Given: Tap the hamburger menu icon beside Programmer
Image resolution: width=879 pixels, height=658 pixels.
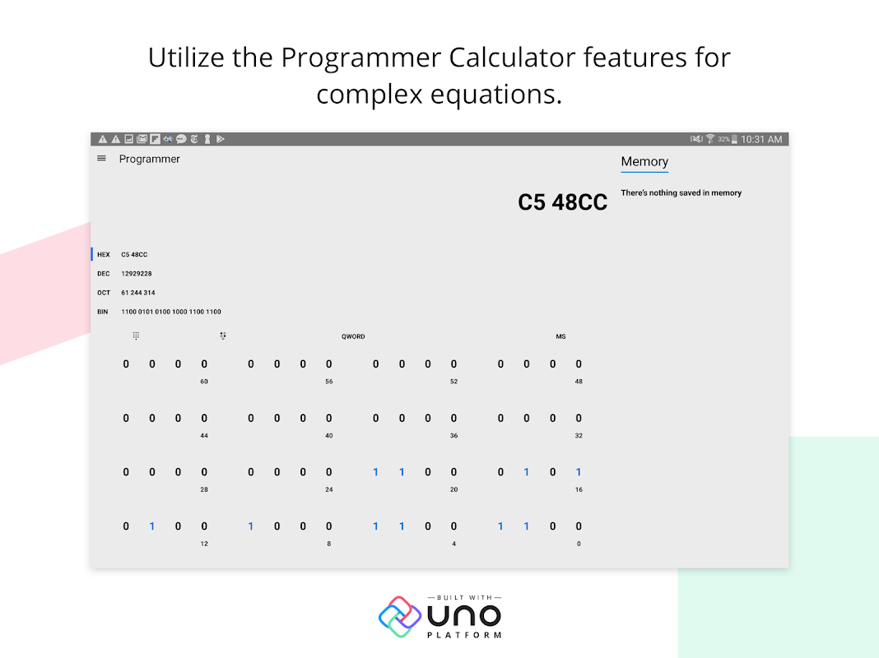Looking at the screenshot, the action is click(101, 159).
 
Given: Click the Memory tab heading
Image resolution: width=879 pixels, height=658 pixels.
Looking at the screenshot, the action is click(644, 161).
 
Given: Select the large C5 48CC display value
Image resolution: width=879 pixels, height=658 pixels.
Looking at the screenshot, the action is click(562, 202).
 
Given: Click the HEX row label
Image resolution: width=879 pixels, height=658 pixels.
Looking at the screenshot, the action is click(104, 254).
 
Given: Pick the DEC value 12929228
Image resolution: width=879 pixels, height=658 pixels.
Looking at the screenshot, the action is click(137, 274).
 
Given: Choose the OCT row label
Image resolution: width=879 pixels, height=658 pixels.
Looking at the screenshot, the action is click(104, 293).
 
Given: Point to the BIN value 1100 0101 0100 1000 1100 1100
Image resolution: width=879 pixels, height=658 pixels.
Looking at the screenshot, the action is click(171, 312).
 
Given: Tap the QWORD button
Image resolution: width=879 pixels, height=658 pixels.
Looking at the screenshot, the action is click(353, 336).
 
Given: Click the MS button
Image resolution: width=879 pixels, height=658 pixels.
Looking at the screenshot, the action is click(560, 336).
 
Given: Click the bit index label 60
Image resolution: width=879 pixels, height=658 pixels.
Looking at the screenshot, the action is click(204, 382).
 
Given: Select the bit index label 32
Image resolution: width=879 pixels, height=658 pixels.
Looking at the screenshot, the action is click(579, 436).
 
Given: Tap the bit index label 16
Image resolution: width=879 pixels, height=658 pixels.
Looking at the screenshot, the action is click(579, 489).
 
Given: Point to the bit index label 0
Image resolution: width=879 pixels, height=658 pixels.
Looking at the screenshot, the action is click(579, 544).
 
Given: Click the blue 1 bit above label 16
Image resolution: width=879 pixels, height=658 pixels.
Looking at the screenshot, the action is click(579, 472).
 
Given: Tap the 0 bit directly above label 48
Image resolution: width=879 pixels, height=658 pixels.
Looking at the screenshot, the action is click(579, 364).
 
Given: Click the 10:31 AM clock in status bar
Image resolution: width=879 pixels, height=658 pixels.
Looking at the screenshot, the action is click(761, 140).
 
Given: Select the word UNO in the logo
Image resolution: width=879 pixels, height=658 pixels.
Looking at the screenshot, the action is click(464, 616).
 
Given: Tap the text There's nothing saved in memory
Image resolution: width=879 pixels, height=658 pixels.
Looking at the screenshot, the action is click(681, 192).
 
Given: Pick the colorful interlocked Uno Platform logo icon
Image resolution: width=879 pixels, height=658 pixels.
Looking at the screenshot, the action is click(400, 617).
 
